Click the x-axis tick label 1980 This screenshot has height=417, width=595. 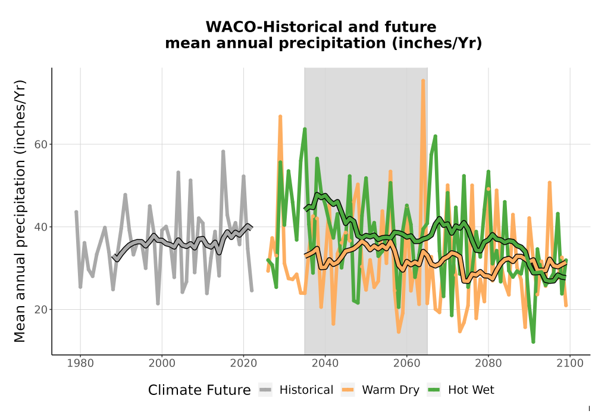pyautogui.click(x=80, y=363)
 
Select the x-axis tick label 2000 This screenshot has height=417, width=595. pyautogui.click(x=162, y=363)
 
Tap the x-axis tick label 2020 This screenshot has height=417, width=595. pyautogui.click(x=243, y=363)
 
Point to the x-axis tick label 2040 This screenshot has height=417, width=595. pyautogui.click(x=325, y=363)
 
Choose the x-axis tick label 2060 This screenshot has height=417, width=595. pyautogui.click(x=407, y=363)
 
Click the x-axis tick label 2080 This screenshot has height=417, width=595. pyautogui.click(x=488, y=363)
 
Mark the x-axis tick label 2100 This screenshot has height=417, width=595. pyautogui.click(x=570, y=363)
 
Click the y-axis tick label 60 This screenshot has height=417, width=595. pyautogui.click(x=40, y=144)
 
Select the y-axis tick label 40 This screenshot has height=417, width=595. pyautogui.click(x=40, y=227)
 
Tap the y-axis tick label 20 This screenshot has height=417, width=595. pyautogui.click(x=40, y=310)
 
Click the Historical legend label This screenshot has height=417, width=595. pyautogui.click(x=306, y=390)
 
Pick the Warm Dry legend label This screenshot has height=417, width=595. pyautogui.click(x=390, y=390)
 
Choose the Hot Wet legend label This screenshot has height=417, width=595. pyautogui.click(x=471, y=390)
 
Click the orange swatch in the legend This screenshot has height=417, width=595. pyautogui.click(x=347, y=390)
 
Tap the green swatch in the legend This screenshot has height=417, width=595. pyautogui.click(x=434, y=390)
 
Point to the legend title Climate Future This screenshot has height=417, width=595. pyautogui.click(x=199, y=390)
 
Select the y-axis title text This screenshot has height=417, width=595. pyautogui.click(x=20, y=211)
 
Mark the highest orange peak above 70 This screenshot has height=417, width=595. pyautogui.click(x=423, y=80)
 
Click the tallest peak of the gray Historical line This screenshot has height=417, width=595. pyautogui.click(x=223, y=151)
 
